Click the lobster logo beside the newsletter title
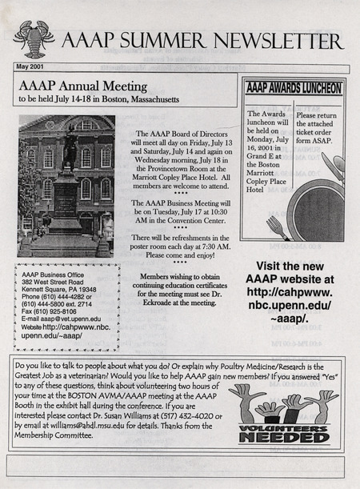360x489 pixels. click(x=34, y=38)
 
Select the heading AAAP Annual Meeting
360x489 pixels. click(x=82, y=86)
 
